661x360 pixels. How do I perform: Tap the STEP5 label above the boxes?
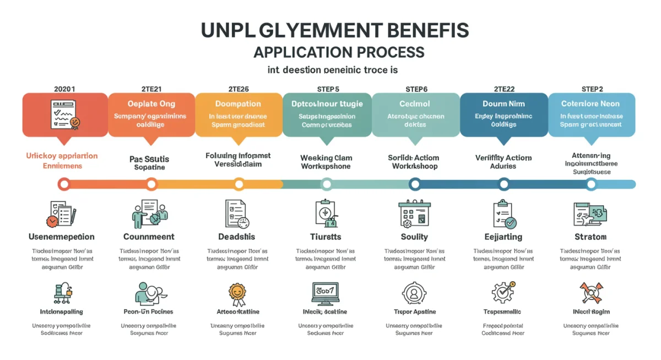click(328, 89)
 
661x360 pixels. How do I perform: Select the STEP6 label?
click(416, 89)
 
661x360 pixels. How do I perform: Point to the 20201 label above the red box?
click(64, 89)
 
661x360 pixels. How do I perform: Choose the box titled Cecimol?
click(415, 114)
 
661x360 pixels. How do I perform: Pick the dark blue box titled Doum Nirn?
click(503, 114)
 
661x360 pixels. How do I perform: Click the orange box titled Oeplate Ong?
click(151, 114)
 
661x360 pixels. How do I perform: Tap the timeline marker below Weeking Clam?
click(327, 184)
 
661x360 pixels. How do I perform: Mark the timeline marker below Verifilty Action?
click(503, 184)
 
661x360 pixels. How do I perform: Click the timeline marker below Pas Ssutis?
click(151, 184)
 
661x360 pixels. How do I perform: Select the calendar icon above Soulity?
click(414, 214)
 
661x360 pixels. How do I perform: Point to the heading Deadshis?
click(237, 237)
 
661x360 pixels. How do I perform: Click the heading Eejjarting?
click(503, 237)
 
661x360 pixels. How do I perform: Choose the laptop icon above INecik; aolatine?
click(325, 293)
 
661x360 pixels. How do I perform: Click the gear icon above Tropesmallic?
click(503, 293)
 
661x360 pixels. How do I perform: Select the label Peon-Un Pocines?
click(149, 312)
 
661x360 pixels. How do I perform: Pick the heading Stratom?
click(590, 237)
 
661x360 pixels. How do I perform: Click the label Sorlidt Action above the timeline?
click(413, 158)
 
